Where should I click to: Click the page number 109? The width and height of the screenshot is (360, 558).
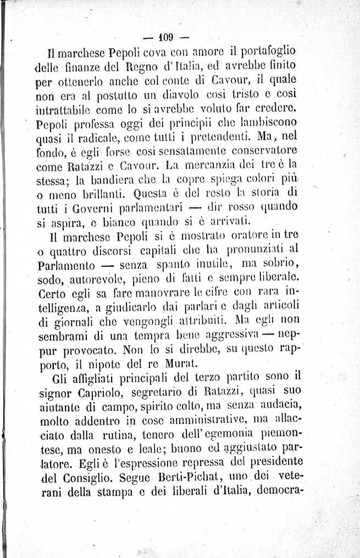click(x=165, y=38)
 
